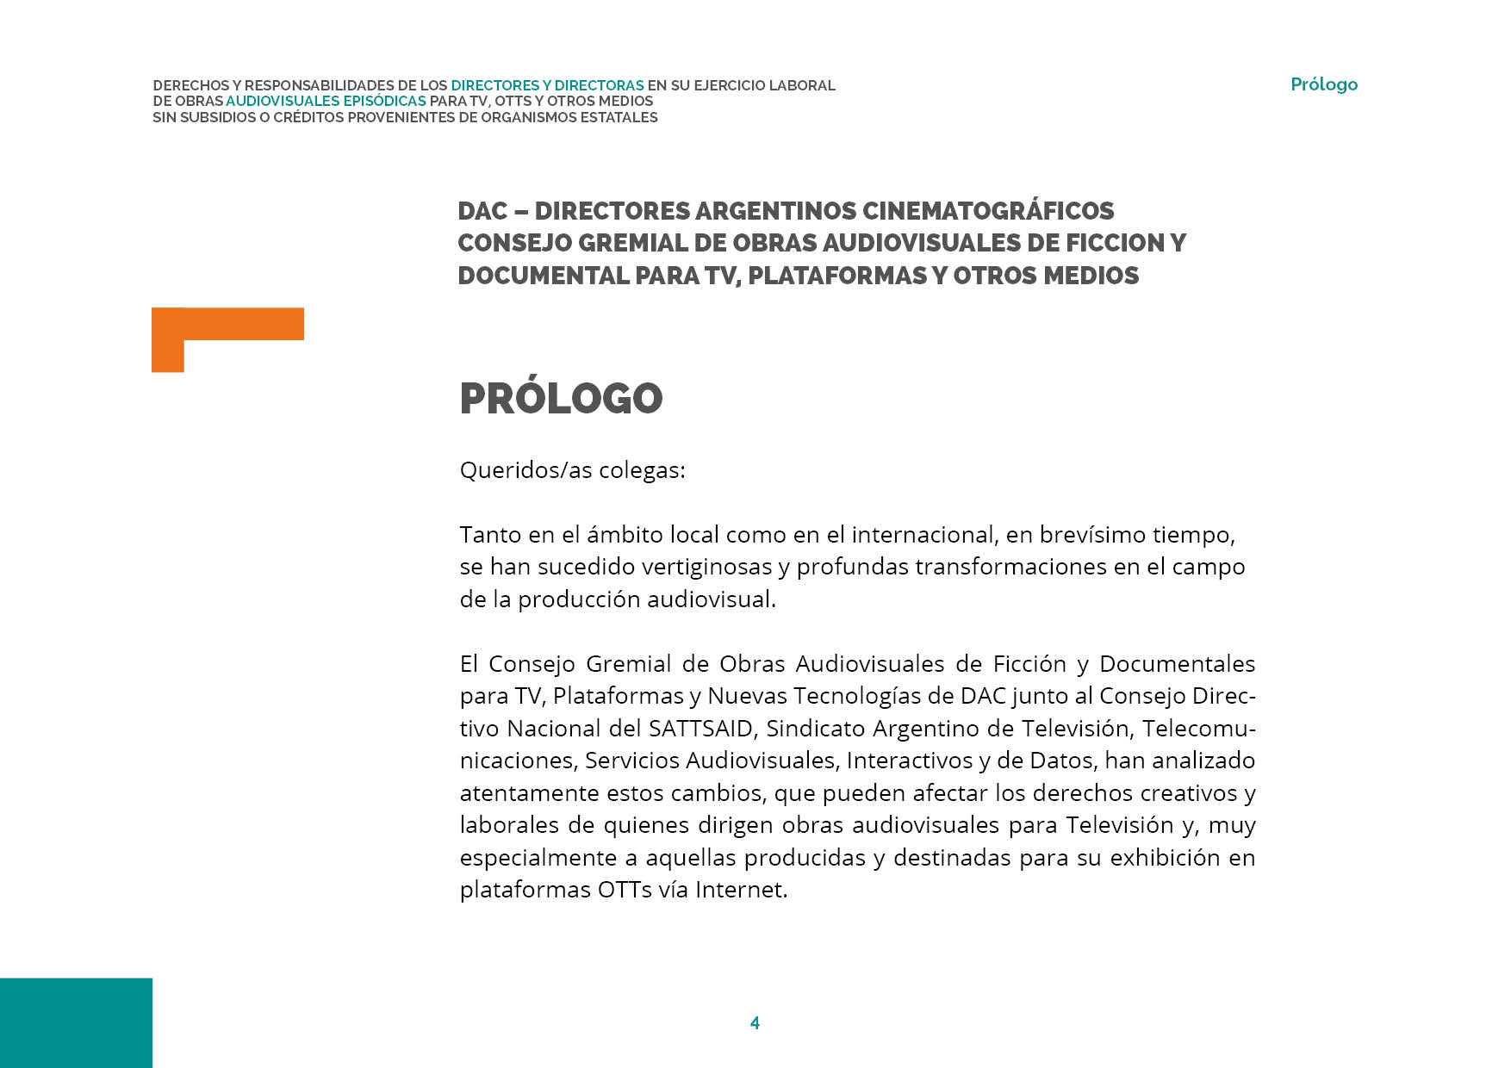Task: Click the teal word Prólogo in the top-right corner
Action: click(1323, 84)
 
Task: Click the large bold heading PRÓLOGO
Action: click(561, 398)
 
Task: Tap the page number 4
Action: click(755, 1023)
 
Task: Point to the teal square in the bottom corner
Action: click(76, 1022)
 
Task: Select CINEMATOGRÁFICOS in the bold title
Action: click(988, 211)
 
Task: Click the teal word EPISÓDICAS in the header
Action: click(384, 102)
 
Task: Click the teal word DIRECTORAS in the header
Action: click(599, 86)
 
